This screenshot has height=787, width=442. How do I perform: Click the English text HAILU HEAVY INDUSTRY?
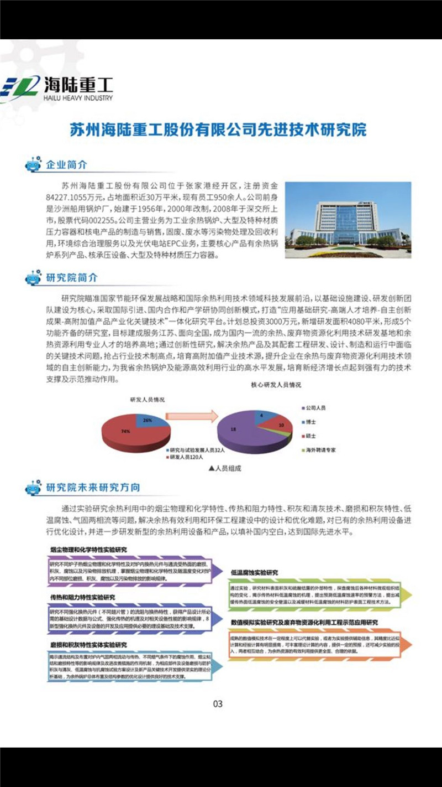[77, 98]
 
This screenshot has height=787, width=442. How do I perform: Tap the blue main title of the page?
[219, 130]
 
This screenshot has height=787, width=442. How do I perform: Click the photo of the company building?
[348, 220]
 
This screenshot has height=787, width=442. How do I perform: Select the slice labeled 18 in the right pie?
[235, 429]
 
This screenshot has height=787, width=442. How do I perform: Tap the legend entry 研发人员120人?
[186, 458]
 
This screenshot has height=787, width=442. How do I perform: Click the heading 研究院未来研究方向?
[93, 488]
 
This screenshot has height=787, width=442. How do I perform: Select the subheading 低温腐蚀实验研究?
[257, 571]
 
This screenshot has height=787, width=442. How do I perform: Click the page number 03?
[218, 704]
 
